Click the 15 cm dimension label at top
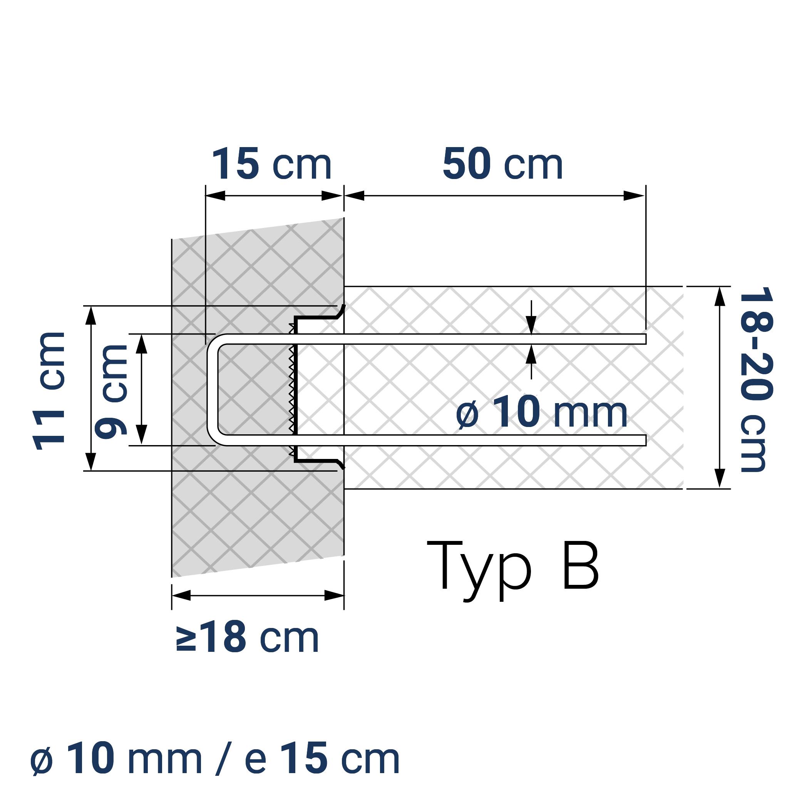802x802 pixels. (x=272, y=164)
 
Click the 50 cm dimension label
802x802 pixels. (x=502, y=164)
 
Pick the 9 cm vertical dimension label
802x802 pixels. (x=111, y=392)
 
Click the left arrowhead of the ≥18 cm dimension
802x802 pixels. (x=181, y=596)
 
